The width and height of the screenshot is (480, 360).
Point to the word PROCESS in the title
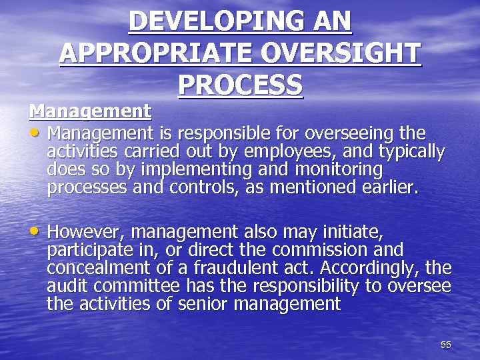click(x=240, y=85)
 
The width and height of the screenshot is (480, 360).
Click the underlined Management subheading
click(x=90, y=109)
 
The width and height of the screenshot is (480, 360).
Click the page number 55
click(x=446, y=345)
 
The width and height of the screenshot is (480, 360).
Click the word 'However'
click(x=86, y=232)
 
